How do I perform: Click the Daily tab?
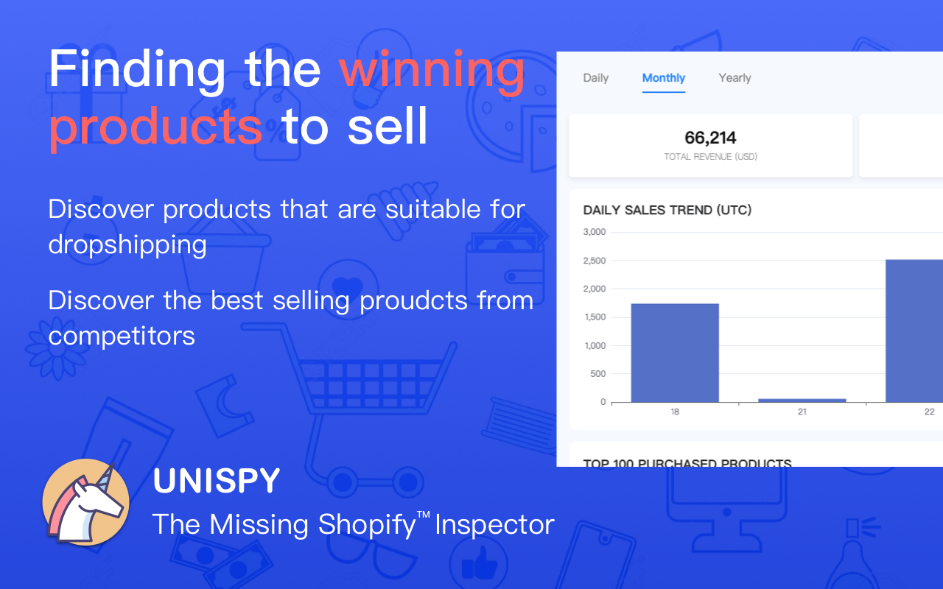coord(595,78)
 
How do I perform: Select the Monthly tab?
coord(663,78)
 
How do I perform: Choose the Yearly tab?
coord(735,78)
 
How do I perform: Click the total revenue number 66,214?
coord(710,138)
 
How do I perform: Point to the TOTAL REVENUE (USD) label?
coord(710,157)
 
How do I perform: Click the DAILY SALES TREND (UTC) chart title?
coord(667,211)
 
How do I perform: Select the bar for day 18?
coord(674,353)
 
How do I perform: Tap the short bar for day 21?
coord(802,401)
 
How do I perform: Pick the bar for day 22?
coord(914,331)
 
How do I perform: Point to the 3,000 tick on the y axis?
coord(594,232)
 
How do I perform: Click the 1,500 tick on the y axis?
coord(594,317)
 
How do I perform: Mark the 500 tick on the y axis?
coord(597,374)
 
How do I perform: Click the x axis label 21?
coord(802,412)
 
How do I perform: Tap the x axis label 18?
coord(674,412)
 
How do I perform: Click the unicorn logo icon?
coord(86,502)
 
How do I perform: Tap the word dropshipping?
coord(127,244)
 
